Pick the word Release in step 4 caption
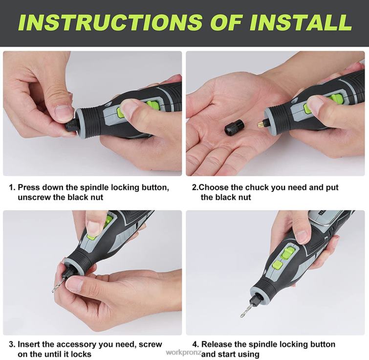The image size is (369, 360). (217, 344)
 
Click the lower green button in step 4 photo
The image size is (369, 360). (277, 265)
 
